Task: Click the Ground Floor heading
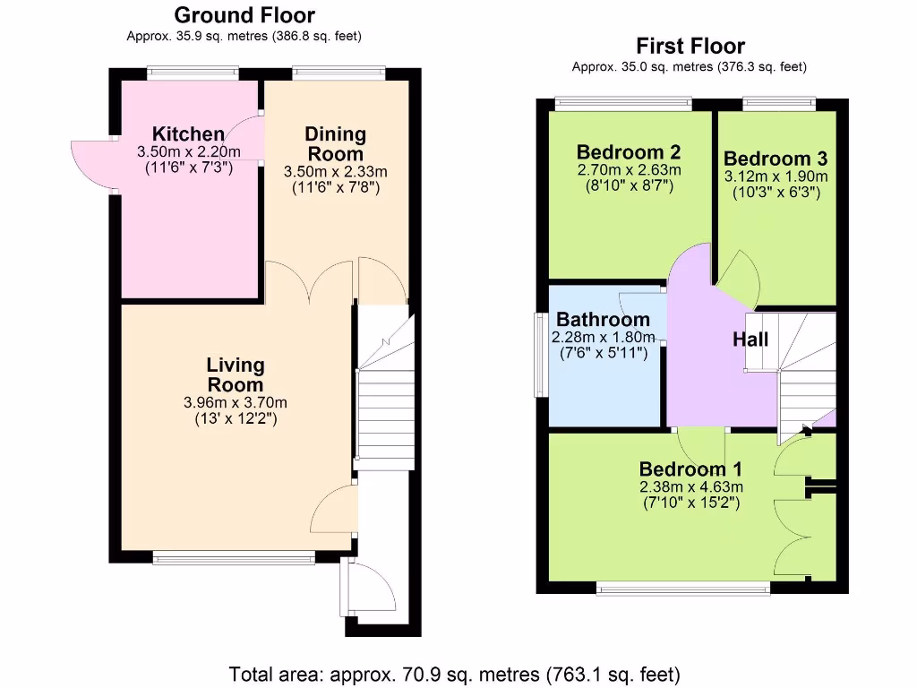(244, 15)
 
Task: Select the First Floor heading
(690, 46)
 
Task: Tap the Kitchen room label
(188, 134)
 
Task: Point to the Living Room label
(236, 374)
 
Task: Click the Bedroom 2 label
(630, 151)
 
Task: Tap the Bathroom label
(604, 320)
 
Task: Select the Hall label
(750, 340)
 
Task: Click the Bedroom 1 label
(690, 469)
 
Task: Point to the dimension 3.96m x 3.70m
(236, 402)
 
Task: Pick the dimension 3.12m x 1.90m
(776, 176)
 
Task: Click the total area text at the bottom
(455, 673)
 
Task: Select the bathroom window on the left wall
(540, 355)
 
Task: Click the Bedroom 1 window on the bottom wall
(683, 588)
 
